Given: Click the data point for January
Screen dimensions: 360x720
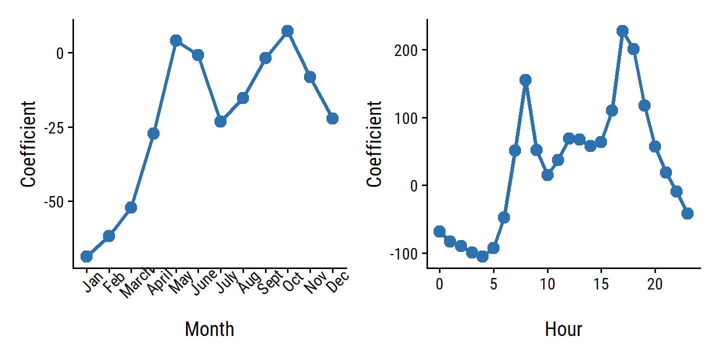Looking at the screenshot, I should coord(86,256).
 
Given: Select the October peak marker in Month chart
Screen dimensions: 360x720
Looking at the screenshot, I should coord(287,31).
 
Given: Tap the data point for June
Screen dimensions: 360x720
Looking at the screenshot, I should coord(198,55).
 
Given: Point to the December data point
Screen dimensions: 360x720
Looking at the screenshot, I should coord(332,118).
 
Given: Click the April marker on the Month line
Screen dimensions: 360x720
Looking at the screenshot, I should coord(153,133).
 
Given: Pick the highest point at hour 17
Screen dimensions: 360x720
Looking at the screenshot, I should coord(622,31).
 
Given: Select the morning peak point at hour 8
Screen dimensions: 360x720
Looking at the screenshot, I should coord(525,80).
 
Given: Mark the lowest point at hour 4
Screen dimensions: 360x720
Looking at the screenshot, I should coord(482,256).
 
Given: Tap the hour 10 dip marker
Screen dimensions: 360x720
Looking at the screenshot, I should coord(547,175).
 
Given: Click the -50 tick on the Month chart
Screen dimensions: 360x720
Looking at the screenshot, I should coord(53,201).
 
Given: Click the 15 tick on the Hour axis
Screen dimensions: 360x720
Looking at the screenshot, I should coord(601,285).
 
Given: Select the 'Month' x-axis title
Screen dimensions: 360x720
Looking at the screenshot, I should coord(209,329).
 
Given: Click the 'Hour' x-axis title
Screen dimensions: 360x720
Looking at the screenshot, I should coord(563,329).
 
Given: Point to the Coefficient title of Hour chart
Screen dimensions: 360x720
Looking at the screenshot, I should coord(374,144).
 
